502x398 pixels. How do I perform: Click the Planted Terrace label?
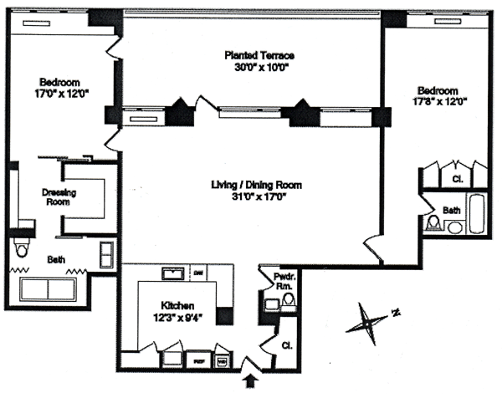(x=259, y=56)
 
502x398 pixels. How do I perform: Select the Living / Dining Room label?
(x=256, y=185)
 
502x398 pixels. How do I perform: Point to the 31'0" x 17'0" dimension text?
(x=256, y=197)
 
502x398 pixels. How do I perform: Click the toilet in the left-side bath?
(x=23, y=248)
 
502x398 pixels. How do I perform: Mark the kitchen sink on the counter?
(x=173, y=273)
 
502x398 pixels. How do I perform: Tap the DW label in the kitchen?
(x=199, y=273)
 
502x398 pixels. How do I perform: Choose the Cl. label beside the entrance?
(x=286, y=344)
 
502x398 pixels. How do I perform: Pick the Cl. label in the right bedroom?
(x=458, y=179)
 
